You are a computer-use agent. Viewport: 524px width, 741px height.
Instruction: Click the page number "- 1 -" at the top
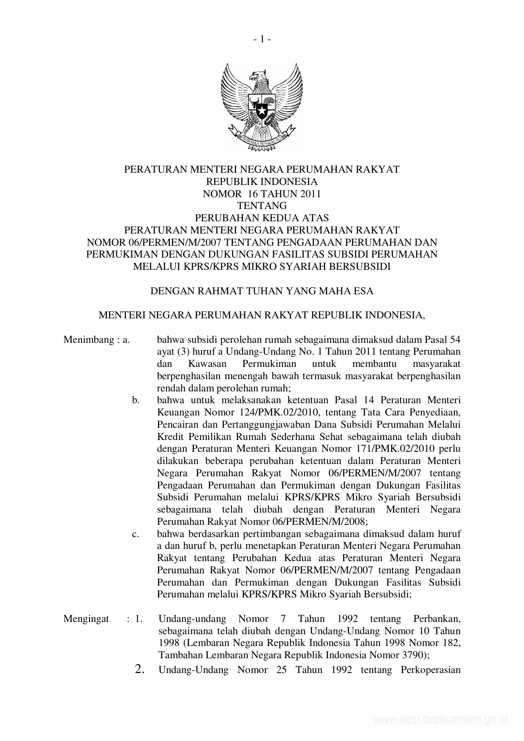click(262, 39)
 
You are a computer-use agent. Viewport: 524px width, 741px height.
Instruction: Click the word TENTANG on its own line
click(262, 206)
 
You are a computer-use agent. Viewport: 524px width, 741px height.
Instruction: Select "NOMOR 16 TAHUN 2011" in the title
click(262, 194)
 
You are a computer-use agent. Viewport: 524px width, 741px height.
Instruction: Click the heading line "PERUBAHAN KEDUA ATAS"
click(262, 218)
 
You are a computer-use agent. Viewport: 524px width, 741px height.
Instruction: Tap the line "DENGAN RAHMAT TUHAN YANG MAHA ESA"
click(262, 291)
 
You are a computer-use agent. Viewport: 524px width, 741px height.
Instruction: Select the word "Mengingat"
click(86, 619)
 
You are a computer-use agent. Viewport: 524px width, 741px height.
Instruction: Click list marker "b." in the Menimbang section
click(136, 400)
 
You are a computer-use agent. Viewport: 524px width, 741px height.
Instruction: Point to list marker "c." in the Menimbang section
click(136, 534)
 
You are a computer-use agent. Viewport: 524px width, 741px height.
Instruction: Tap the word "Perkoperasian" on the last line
click(430, 670)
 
